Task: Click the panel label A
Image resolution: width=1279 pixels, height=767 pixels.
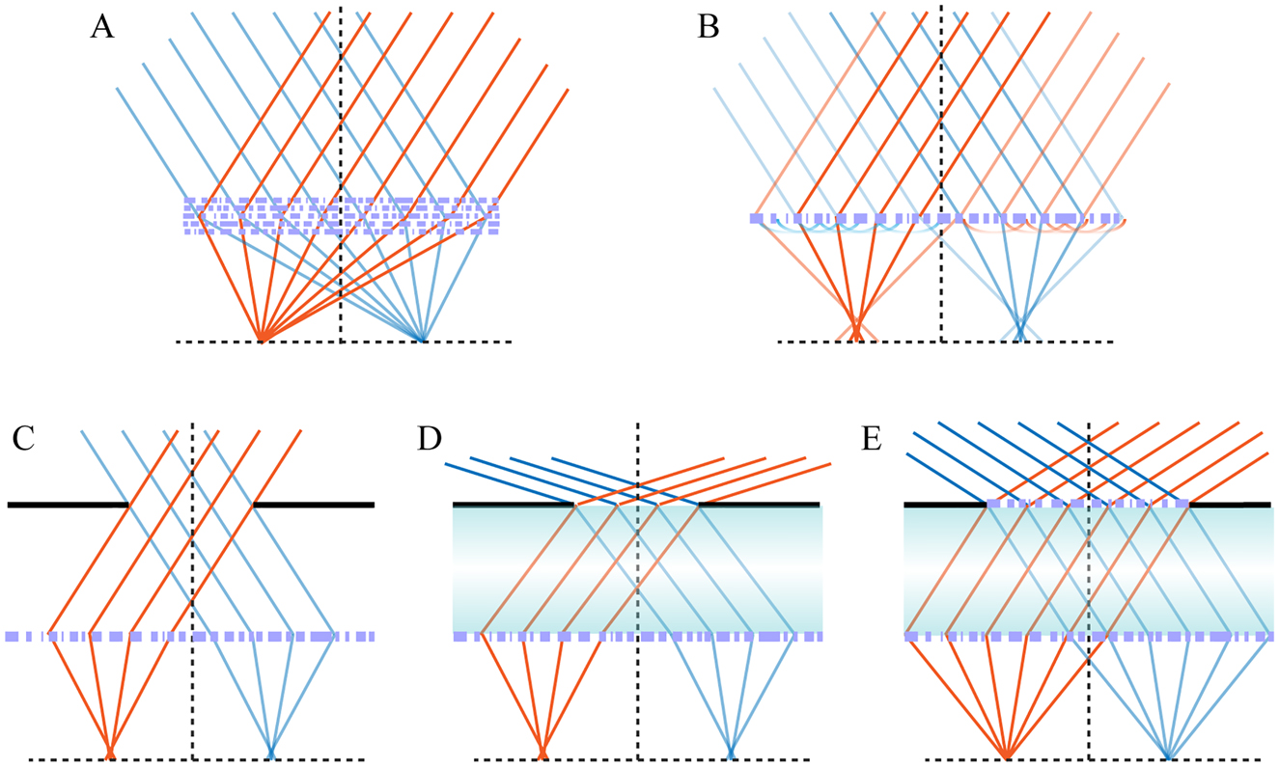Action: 102,27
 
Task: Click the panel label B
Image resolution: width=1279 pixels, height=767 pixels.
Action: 708,27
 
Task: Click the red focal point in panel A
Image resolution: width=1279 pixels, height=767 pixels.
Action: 262,341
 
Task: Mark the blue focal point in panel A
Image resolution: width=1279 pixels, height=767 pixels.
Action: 423,341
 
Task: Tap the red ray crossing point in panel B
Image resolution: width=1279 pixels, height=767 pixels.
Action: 855,330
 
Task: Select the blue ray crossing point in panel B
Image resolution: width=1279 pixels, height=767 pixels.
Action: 1019,330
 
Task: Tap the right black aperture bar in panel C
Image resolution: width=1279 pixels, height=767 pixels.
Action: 313,505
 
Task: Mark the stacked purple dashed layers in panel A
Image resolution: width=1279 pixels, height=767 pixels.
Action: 342,217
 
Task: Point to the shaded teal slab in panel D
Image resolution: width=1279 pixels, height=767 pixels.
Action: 637,569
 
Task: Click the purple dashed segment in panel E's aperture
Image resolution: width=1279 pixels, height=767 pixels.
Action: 1088,503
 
